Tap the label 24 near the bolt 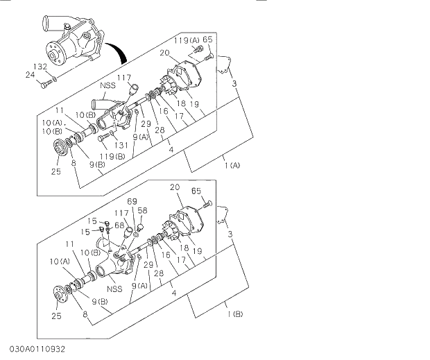(x=30, y=74)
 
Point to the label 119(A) (x=186, y=40)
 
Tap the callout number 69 (x=132, y=201)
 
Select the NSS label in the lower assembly (x=114, y=289)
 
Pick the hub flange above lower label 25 (x=60, y=295)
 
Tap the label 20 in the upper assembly (x=164, y=53)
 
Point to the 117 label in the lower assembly (x=122, y=213)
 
